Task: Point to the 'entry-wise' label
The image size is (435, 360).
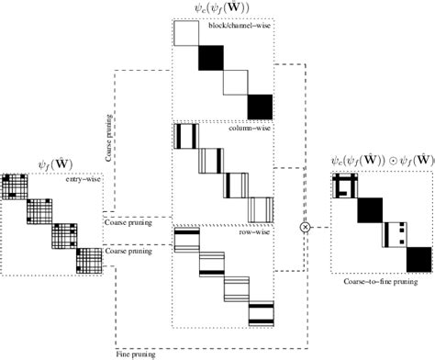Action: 82,180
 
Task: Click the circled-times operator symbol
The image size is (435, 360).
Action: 306,225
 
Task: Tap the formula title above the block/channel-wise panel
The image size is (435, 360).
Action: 224,9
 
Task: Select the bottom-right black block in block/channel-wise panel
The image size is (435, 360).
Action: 262,107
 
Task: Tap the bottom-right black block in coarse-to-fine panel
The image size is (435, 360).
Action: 418,260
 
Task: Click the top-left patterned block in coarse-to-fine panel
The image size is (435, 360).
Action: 346,188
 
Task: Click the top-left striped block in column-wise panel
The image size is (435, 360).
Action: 186,136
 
